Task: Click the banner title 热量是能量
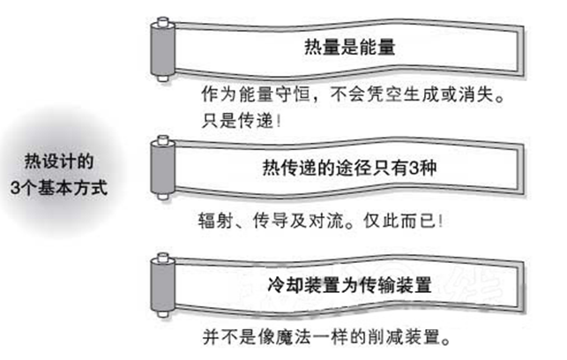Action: pyautogui.click(x=350, y=47)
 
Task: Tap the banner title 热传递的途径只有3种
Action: pyautogui.click(x=349, y=168)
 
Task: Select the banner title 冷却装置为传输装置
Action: pyautogui.click(x=350, y=284)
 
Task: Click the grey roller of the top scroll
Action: pyautogui.click(x=163, y=49)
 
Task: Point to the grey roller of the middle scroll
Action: pyautogui.click(x=163, y=168)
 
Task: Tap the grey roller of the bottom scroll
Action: pyautogui.click(x=163, y=285)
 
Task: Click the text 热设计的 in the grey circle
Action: pyautogui.click(x=59, y=161)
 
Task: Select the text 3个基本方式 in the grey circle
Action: pyautogui.click(x=59, y=188)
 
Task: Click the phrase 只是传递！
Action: pyautogui.click(x=242, y=121)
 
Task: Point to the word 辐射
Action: pyautogui.click(x=215, y=221)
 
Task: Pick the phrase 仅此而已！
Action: pyautogui.click(x=403, y=221)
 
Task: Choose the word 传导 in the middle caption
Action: pyautogui.click(x=271, y=221)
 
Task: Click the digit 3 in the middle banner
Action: pyautogui.click(x=414, y=168)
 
